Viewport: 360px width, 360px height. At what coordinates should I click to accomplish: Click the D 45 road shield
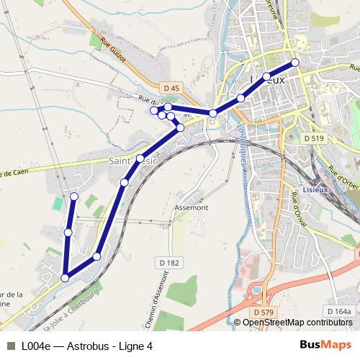[171, 88]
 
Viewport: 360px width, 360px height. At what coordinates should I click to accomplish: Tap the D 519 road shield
[314, 138]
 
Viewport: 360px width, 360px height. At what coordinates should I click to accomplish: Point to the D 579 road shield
[265, 312]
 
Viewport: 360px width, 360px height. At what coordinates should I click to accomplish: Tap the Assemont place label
[191, 207]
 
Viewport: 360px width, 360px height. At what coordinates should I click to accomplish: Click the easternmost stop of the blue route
[294, 63]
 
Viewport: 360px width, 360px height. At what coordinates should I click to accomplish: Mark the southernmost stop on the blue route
[65, 277]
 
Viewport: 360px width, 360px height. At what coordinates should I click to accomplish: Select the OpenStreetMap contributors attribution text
[297, 323]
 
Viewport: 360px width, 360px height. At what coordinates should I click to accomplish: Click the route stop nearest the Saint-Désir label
[140, 158]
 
